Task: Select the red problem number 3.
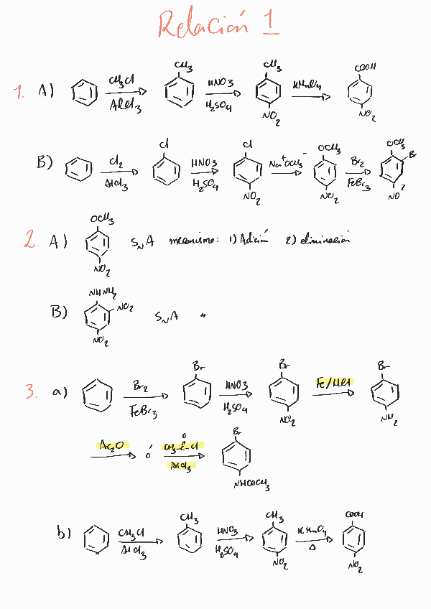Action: [31, 391]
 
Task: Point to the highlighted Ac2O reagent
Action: [110, 447]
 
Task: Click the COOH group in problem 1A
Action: [364, 68]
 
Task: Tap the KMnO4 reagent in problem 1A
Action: [307, 85]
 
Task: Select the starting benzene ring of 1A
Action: [85, 92]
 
